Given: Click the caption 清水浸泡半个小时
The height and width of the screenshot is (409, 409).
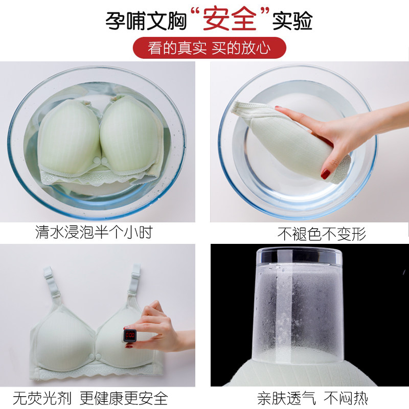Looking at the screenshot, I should pyautogui.click(x=94, y=232).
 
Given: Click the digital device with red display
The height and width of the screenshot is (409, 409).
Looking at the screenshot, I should pyautogui.click(x=130, y=335).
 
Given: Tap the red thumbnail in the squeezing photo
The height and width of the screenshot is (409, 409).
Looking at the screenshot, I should pyautogui.click(x=325, y=174).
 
